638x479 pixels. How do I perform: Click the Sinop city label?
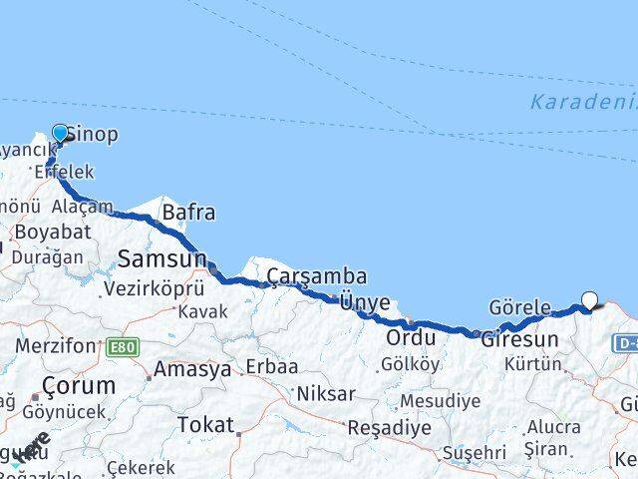93,134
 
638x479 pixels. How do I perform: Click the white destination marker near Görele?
590,299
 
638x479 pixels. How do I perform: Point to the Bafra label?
188,212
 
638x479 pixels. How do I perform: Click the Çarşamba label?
317,275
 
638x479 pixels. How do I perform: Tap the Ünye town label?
365,302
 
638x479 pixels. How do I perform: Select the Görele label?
519,307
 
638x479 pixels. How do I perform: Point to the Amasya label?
192,369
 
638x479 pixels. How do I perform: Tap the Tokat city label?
205,425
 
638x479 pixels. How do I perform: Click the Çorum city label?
79,385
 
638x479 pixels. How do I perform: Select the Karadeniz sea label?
583,102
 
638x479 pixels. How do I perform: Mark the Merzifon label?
56,346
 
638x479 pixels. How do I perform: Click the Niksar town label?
325,394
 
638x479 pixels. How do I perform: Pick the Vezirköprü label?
155,288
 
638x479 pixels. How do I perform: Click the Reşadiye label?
390,427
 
